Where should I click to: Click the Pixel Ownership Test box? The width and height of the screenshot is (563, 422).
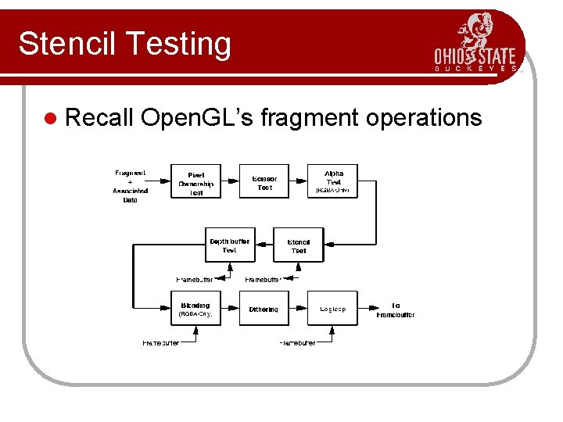tap(195, 183)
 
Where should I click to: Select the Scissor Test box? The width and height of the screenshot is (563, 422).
tap(264, 183)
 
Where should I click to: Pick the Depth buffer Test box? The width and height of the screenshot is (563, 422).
tap(229, 245)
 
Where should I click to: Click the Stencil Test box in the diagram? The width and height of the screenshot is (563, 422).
tap(299, 245)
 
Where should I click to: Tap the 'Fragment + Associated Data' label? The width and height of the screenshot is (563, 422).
tap(130, 186)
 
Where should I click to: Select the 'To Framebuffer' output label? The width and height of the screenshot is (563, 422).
tap(396, 309)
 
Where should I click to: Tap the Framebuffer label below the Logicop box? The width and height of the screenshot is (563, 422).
tap(298, 343)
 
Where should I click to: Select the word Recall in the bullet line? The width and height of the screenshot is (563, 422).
tap(99, 117)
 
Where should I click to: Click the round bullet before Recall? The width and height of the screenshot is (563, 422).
tap(52, 118)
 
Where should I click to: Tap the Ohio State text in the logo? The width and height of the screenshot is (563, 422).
tap(475, 56)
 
